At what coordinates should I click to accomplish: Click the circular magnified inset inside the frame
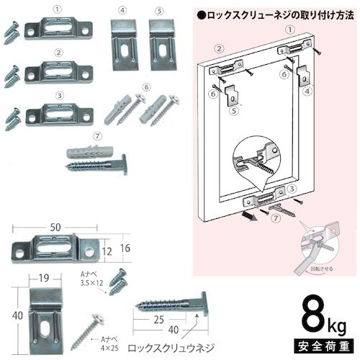coord(260,163)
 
